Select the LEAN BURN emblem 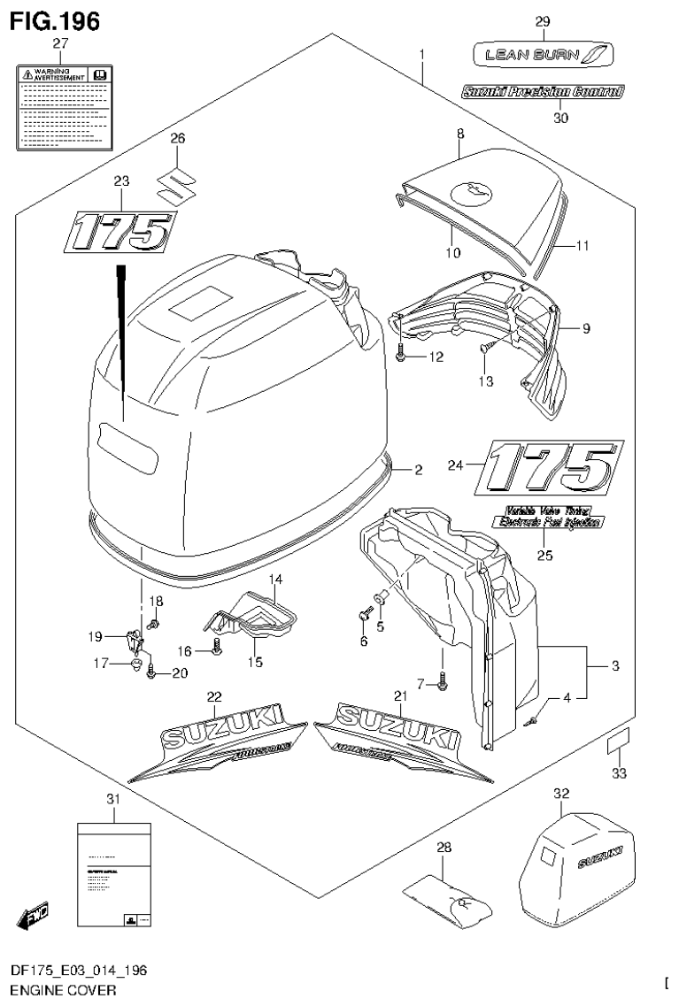pos(541,55)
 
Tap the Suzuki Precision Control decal pos(542,91)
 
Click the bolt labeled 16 pos(217,653)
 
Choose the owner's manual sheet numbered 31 pos(113,876)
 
